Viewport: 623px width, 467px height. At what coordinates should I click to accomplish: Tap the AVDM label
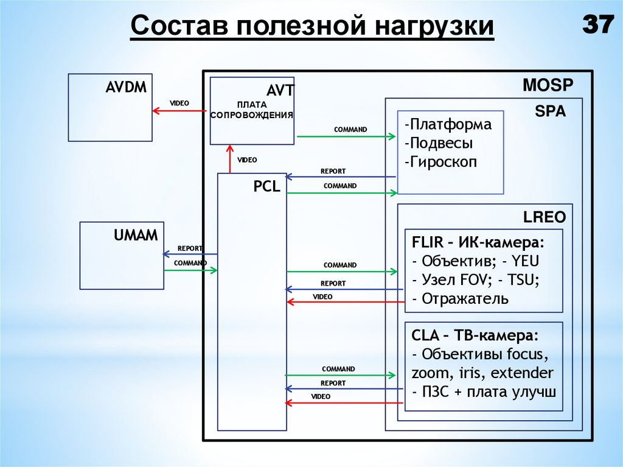click(x=126, y=87)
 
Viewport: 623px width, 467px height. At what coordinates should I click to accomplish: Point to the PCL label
click(x=266, y=187)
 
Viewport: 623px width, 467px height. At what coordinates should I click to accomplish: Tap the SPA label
click(x=550, y=111)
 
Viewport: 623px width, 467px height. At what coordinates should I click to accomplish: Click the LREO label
click(x=545, y=217)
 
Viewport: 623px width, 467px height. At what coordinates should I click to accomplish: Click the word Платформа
click(x=447, y=125)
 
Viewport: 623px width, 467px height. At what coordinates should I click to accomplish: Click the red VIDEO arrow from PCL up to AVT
click(x=229, y=158)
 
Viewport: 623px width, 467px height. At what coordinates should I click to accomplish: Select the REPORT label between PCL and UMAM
click(x=190, y=248)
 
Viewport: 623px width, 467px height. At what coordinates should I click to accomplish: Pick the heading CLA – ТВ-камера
click(x=475, y=336)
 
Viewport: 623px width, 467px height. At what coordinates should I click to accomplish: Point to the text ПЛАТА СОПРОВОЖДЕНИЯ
click(x=252, y=110)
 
